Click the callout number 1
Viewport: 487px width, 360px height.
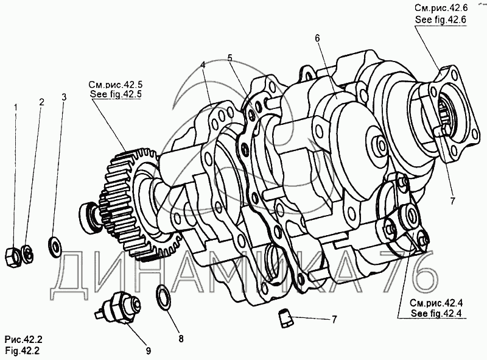click(x=16, y=107)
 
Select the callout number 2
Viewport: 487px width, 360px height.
click(x=41, y=102)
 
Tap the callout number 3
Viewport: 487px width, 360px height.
click(x=65, y=97)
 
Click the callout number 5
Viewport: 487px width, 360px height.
click(x=230, y=58)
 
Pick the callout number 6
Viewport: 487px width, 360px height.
click(x=317, y=38)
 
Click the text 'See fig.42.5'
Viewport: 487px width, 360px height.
click(x=115, y=94)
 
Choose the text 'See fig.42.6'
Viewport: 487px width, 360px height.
click(x=440, y=19)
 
